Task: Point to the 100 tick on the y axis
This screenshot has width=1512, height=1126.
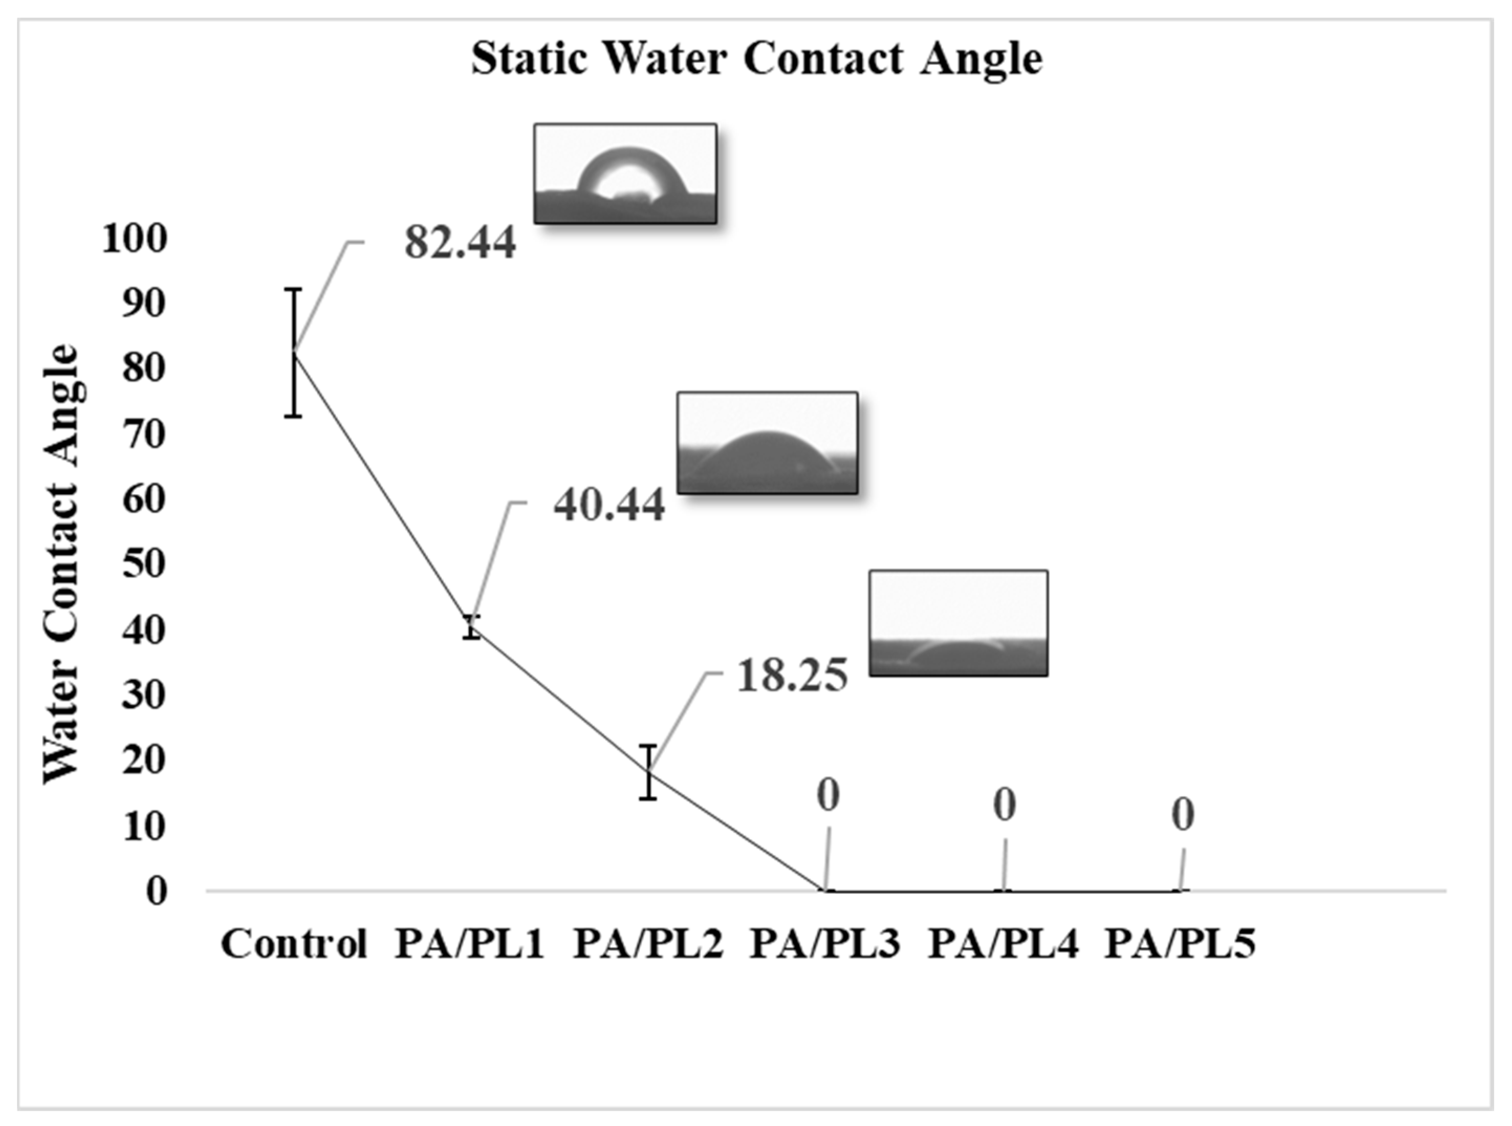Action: (134, 239)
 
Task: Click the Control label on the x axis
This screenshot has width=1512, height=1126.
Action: (294, 945)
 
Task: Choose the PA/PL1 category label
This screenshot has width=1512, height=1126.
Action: (470, 945)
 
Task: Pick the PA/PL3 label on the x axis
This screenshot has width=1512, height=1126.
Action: (825, 945)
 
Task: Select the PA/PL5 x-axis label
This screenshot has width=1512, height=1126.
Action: (1180, 945)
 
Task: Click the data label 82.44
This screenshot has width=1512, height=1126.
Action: (460, 243)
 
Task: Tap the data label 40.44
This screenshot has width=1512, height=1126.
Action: (609, 506)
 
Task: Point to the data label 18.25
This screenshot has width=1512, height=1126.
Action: (792, 676)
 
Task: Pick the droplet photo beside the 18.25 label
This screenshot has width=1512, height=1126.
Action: (958, 623)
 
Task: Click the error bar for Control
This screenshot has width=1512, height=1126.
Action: (293, 353)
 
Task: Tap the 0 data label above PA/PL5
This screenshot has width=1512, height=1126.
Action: (1183, 815)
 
